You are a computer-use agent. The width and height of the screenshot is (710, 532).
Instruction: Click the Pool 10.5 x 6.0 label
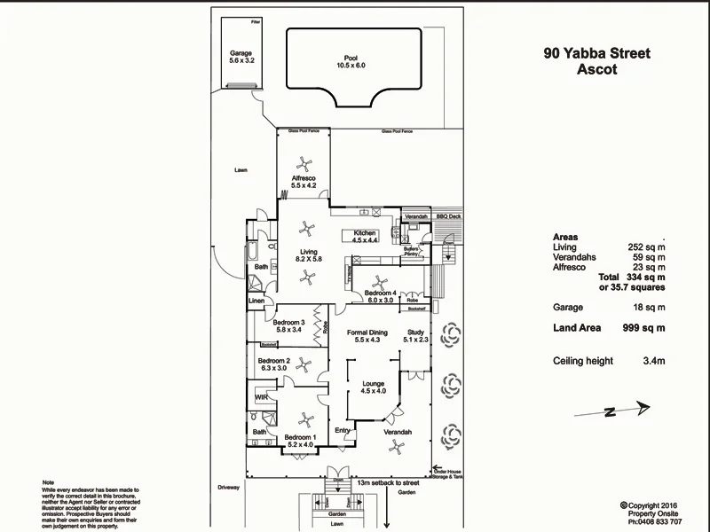tap(351, 62)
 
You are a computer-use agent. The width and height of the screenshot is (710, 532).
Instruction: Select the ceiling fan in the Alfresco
tap(304, 164)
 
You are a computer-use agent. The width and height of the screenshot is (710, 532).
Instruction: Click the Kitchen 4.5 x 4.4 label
tap(366, 237)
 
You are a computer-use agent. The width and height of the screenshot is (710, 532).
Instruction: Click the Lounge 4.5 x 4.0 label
tap(373, 387)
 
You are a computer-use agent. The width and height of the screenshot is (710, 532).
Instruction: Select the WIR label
tap(262, 397)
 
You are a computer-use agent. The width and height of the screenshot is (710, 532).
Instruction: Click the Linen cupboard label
tap(256, 301)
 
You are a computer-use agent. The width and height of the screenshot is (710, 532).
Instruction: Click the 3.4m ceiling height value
tap(653, 361)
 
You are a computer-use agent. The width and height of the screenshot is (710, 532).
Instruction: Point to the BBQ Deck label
tap(449, 216)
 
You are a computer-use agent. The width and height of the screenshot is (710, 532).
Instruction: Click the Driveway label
tap(229, 488)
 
